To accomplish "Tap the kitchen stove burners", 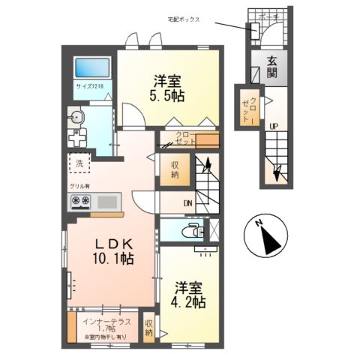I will (x=80, y=200).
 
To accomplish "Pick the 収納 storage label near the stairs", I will (x=174, y=170).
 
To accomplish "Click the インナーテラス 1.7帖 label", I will (x=106, y=325).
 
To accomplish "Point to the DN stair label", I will (x=187, y=202).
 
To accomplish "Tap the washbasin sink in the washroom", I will (x=76, y=115).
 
